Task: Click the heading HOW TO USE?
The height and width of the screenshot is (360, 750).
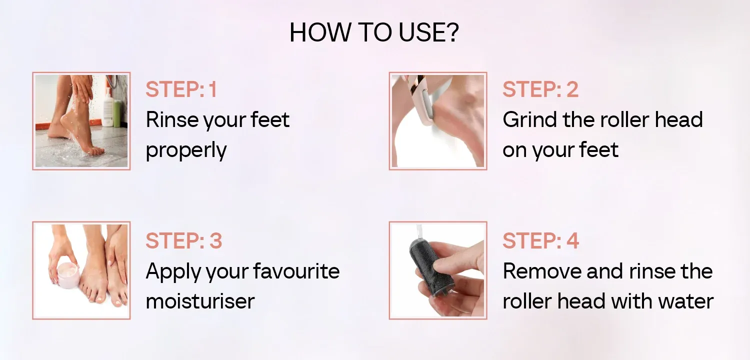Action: pos(374,32)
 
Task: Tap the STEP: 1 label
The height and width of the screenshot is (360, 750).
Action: pos(181,89)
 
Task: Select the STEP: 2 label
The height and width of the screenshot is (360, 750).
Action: pos(540,89)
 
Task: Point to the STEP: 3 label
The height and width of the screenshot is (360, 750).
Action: pos(184,240)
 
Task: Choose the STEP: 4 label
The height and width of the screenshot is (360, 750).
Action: pos(540,240)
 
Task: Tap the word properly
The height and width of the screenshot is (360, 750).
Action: pos(186,150)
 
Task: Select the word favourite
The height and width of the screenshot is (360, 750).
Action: pos(296,271)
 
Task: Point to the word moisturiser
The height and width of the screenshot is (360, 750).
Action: pos(200,301)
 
